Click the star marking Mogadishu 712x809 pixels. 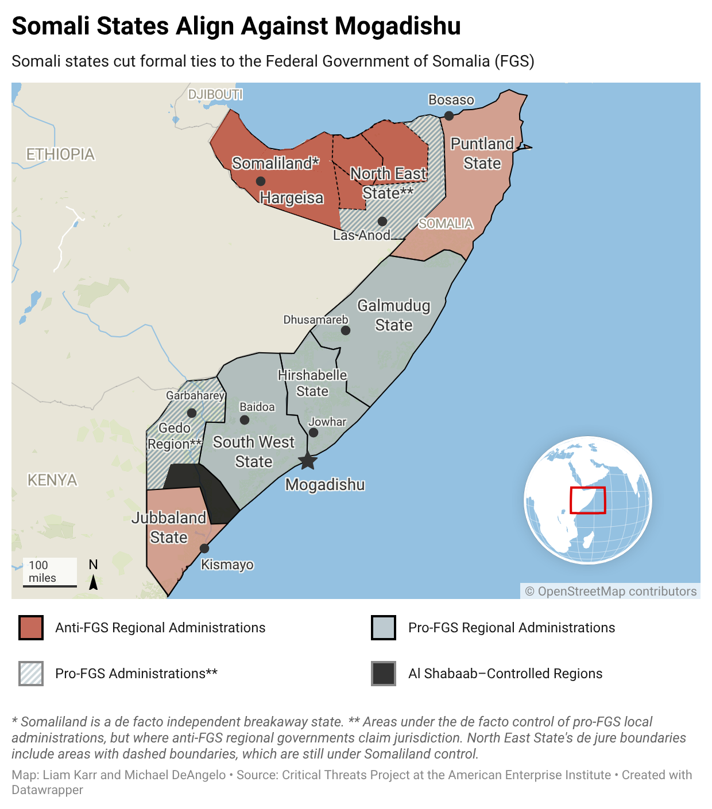pyautogui.click(x=308, y=460)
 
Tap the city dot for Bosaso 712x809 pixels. pyautogui.click(x=449, y=116)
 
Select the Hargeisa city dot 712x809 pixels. pyautogui.click(x=261, y=181)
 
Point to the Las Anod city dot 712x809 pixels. pyautogui.click(x=382, y=221)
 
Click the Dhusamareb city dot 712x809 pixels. pyautogui.click(x=346, y=330)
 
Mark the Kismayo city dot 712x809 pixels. pyautogui.click(x=204, y=549)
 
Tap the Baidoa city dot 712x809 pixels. pyautogui.click(x=245, y=420)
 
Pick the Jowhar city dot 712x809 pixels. pyautogui.click(x=314, y=433)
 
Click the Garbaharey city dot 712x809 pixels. pyautogui.click(x=192, y=413)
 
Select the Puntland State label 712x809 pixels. pyautogui.click(x=482, y=153)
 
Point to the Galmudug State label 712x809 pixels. pyautogui.click(x=394, y=315)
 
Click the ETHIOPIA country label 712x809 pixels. pyautogui.click(x=60, y=154)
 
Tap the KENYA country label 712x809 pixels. pyautogui.click(x=52, y=480)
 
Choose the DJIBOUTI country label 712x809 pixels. pyautogui.click(x=215, y=94)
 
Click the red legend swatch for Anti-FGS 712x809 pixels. pyautogui.click(x=31, y=628)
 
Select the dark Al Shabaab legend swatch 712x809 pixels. pyautogui.click(x=384, y=674)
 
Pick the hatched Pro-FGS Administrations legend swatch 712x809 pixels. pyautogui.click(x=31, y=674)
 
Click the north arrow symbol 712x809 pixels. pyautogui.click(x=93, y=582)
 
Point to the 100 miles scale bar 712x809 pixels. pyautogui.click(x=50, y=585)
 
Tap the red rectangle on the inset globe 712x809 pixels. pyautogui.click(x=587, y=500)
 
